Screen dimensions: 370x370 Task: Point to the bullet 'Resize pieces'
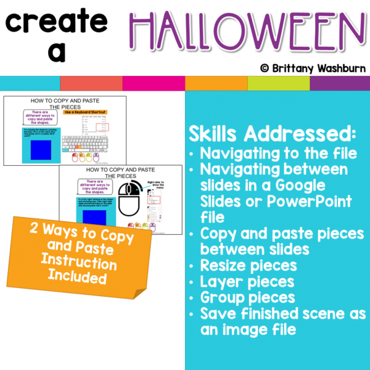tap(248, 266)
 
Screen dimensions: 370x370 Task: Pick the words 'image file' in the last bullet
tap(260, 330)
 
